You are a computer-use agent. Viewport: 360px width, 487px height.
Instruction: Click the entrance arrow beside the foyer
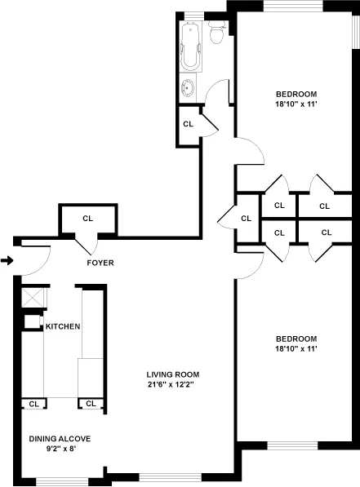tap(7, 261)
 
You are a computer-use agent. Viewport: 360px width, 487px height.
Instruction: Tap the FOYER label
tap(100, 263)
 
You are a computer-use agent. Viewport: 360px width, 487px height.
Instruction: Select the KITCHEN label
tap(63, 327)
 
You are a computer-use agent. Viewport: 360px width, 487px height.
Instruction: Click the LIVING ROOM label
tap(170, 374)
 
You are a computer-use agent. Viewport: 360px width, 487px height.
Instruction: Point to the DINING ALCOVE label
tap(60, 439)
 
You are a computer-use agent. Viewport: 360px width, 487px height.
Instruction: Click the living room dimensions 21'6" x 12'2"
tap(170, 385)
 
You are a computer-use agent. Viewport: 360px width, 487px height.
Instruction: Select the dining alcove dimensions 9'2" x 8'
tap(60, 449)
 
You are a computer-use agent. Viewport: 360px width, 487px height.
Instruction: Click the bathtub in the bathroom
tap(191, 48)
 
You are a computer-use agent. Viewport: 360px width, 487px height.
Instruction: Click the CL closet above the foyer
tap(87, 218)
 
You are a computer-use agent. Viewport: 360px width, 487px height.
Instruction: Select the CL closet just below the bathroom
tap(188, 124)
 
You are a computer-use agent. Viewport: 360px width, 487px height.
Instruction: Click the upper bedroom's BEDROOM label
tap(296, 93)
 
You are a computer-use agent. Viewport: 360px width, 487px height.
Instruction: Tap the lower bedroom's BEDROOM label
tap(296, 339)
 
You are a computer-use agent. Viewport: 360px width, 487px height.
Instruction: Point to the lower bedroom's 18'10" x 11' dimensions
tap(296, 349)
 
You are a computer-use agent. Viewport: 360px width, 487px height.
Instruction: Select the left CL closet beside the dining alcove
tap(33, 403)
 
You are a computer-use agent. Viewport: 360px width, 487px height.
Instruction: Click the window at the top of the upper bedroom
tap(286, 6)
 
